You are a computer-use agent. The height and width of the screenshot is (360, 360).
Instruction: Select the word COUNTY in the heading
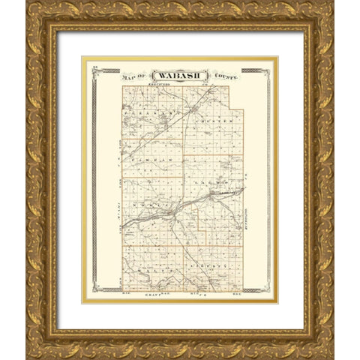point(224,76)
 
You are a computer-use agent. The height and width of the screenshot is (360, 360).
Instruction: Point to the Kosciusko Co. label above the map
point(180,83)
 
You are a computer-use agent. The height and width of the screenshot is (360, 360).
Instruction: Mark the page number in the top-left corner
point(95,67)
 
